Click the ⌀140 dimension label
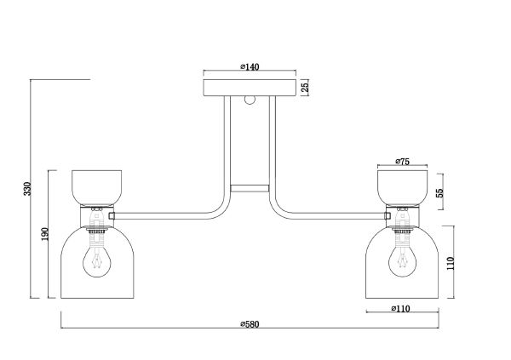coord(250,66)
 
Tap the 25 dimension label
coord(304,87)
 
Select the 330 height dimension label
coord(27,189)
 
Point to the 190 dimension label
coord(45,234)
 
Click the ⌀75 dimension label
coord(403,161)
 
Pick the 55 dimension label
coord(439,192)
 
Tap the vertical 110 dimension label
coord(450,263)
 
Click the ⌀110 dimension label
coord(400,308)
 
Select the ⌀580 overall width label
coord(250,324)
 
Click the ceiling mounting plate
coord(250,88)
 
